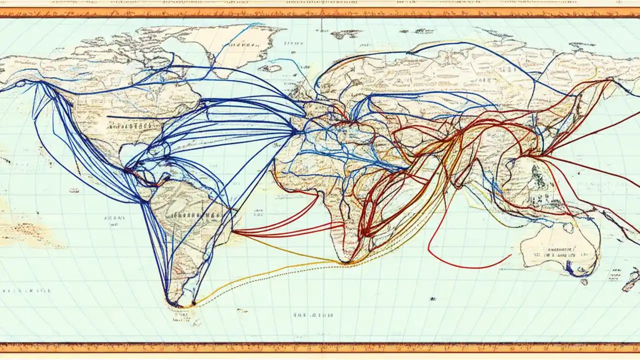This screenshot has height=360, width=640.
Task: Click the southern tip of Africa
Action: [345, 260]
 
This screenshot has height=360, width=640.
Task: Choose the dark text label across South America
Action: [195, 215]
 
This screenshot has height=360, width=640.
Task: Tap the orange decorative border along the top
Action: [320, 12]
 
